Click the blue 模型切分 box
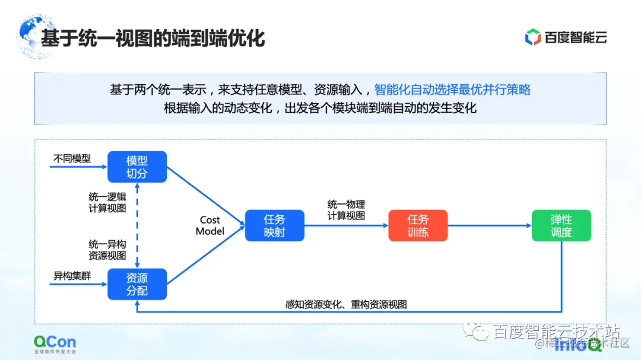click(137, 167)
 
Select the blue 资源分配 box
click(137, 284)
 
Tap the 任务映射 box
click(274, 225)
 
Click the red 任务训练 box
click(418, 225)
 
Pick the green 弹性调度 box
click(561, 225)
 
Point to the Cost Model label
click(210, 225)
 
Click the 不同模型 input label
click(72, 158)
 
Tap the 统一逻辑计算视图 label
click(107, 202)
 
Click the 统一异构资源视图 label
click(107, 250)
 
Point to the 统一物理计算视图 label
click(346, 210)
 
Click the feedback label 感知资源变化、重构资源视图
click(346, 304)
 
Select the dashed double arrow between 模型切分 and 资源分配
click(137, 225)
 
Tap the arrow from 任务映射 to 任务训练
click(346, 226)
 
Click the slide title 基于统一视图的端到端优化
click(153, 38)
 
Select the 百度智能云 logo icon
click(532, 37)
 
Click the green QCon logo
click(55, 342)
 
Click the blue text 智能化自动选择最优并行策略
click(452, 90)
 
